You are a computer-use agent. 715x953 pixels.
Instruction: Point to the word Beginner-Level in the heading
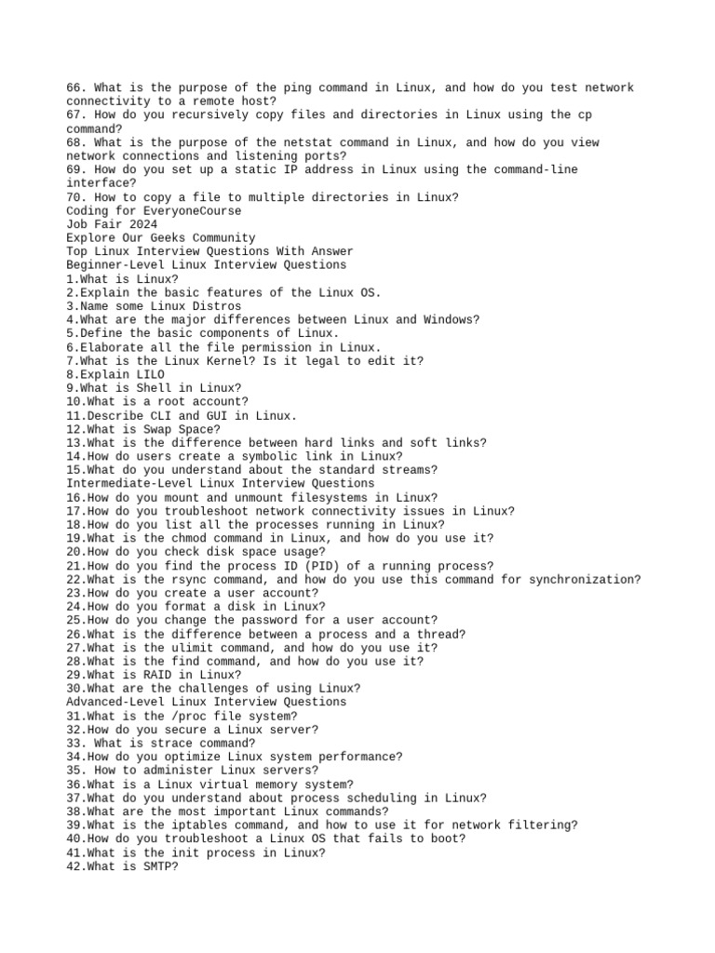pos(115,265)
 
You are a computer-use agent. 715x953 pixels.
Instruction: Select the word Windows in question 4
pos(449,320)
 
